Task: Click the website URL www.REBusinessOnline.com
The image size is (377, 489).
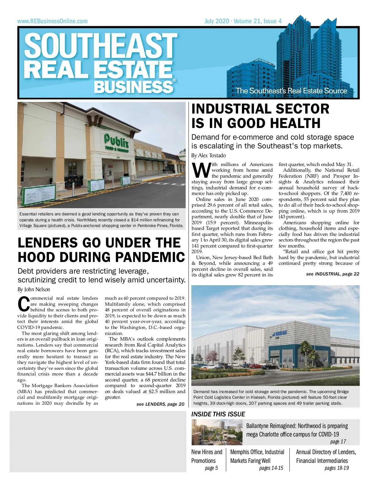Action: click(x=52, y=21)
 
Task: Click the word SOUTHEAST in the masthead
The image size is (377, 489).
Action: click(x=101, y=46)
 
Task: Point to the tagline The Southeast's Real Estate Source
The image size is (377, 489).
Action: click(x=291, y=91)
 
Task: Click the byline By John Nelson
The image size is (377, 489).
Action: click(x=34, y=289)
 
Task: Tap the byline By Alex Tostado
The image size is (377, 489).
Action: click(x=208, y=155)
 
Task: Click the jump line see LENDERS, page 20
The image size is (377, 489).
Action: click(x=160, y=404)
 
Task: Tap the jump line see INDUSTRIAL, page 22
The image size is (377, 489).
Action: click(x=332, y=274)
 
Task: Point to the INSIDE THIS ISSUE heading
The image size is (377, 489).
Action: click(x=218, y=414)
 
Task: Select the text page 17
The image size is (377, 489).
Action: click(x=338, y=442)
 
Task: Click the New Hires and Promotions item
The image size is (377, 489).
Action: click(x=207, y=456)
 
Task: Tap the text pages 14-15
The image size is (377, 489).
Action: click(x=271, y=468)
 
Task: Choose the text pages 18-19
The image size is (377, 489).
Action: click(x=336, y=468)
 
